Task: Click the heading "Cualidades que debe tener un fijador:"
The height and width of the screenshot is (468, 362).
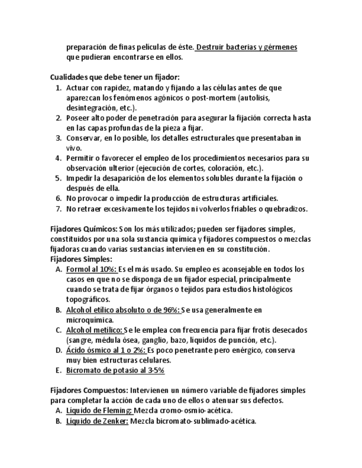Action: [x=114, y=77]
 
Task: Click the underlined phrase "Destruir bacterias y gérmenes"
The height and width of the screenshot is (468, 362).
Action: [x=246, y=47]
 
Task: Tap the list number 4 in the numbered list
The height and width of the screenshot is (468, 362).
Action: [x=58, y=158]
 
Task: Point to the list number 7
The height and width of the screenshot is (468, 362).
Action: [x=58, y=209]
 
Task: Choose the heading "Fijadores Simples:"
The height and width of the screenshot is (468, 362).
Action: [x=81, y=259]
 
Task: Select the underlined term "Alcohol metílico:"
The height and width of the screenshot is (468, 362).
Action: [x=95, y=330]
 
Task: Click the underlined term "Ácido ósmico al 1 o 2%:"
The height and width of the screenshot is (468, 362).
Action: [x=106, y=350]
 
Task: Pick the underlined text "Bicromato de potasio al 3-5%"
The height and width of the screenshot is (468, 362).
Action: [x=115, y=370]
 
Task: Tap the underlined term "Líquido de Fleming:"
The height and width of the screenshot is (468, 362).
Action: [x=99, y=411]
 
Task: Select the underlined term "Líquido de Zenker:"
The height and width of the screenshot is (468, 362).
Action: [x=97, y=421]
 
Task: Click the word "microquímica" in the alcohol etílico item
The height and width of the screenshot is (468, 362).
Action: [x=90, y=320]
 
